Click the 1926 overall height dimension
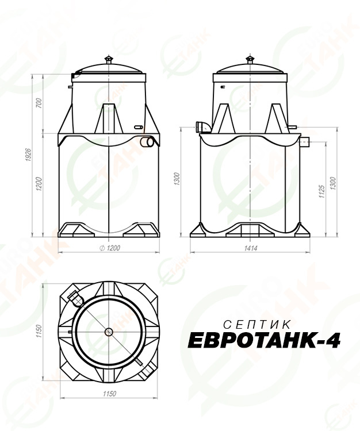click(x=28, y=155)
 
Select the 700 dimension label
click(x=39, y=103)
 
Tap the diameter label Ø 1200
click(x=110, y=248)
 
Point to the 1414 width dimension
click(x=251, y=248)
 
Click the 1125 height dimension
click(x=322, y=191)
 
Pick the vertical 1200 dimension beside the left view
click(x=39, y=184)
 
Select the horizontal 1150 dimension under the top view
click(x=109, y=394)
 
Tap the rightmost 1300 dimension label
click(x=333, y=183)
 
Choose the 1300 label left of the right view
click(x=177, y=179)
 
